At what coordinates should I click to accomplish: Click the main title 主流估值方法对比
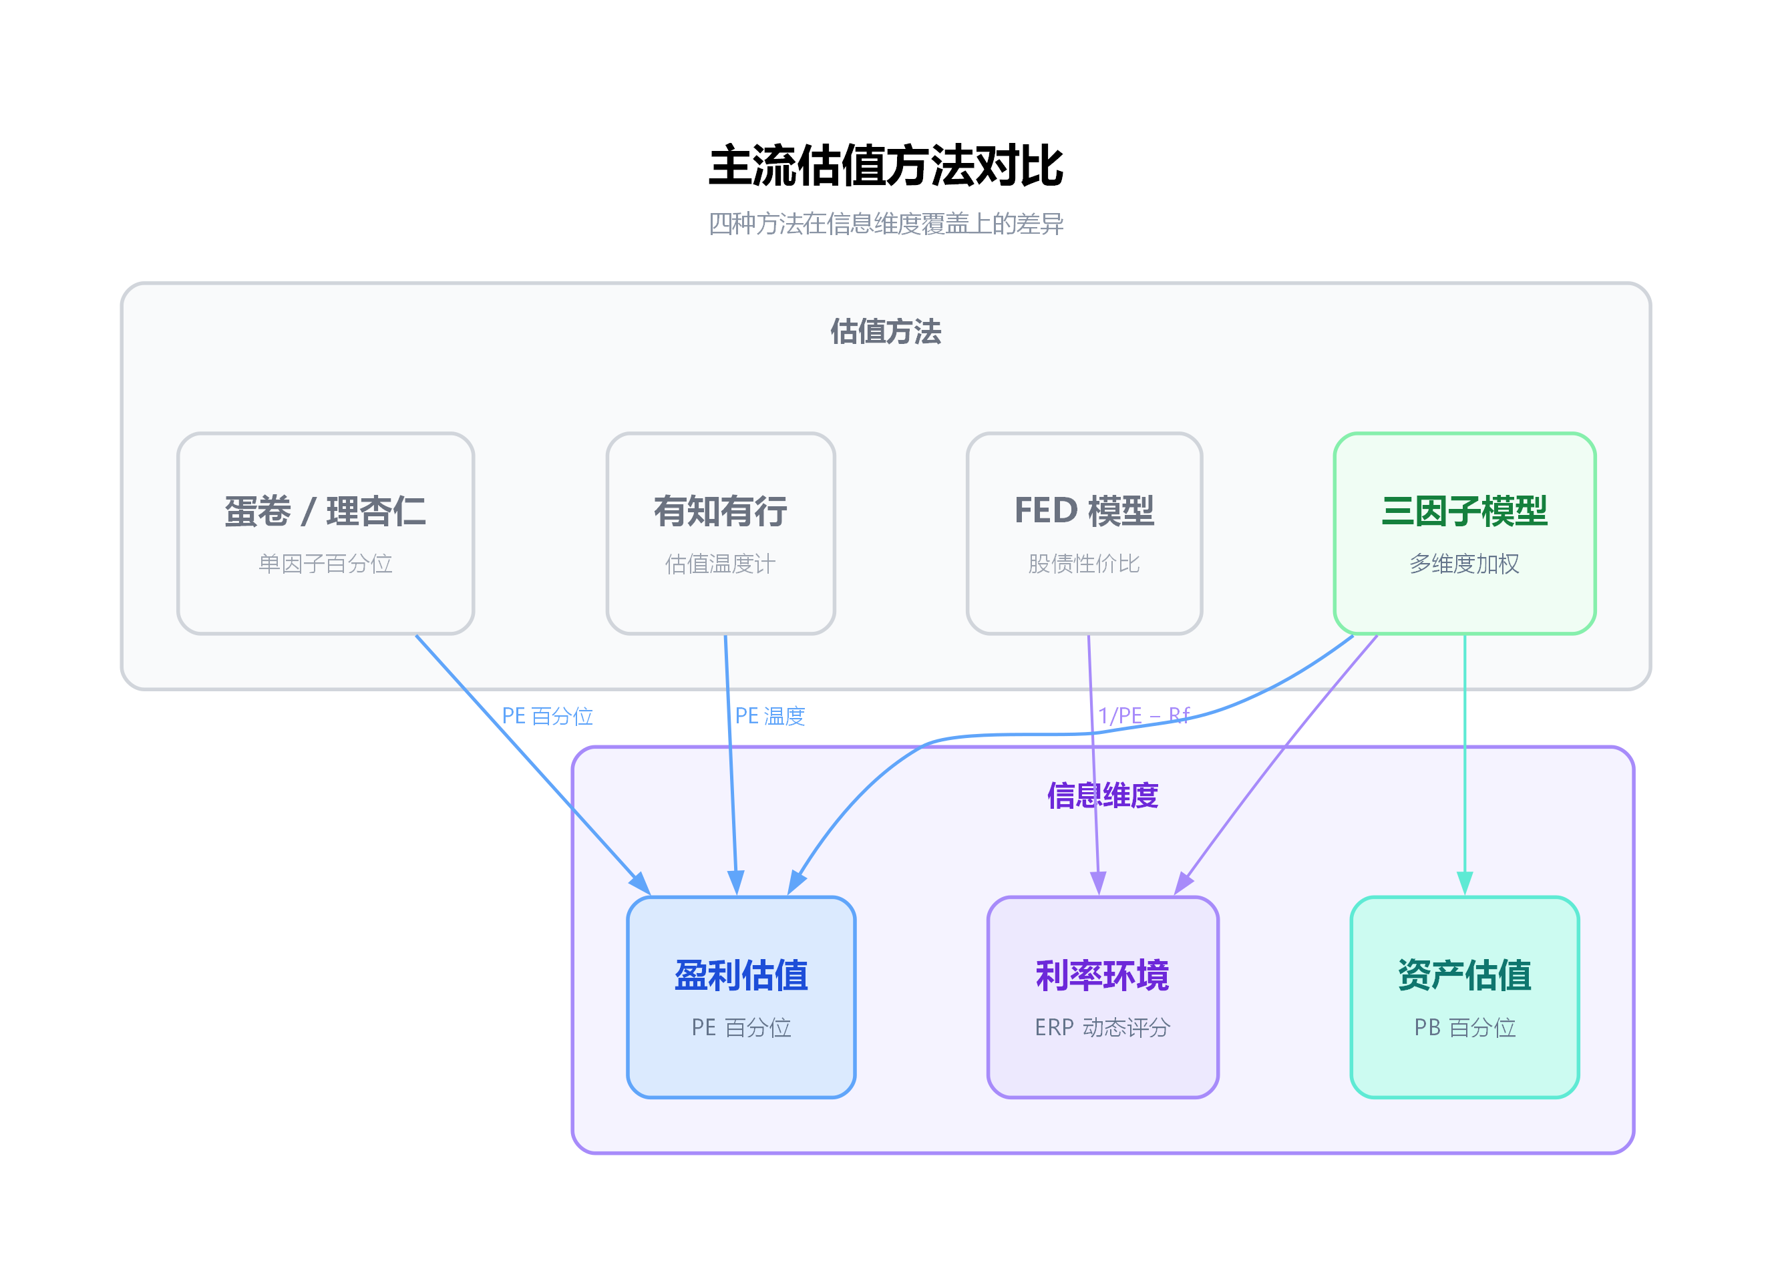pos(885,166)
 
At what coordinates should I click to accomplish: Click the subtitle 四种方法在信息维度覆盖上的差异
pos(885,224)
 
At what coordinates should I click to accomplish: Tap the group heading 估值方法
pos(885,332)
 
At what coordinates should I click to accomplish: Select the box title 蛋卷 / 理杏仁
pos(325,512)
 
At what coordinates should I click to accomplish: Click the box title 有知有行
pos(721,512)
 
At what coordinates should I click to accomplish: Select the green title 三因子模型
pos(1464,512)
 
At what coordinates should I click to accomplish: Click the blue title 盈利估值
pos(741,976)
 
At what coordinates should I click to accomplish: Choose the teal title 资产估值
pos(1464,976)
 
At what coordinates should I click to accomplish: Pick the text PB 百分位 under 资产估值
pos(1464,1027)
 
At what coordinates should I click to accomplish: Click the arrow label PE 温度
pos(769,715)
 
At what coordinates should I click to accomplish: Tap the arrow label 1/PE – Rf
pos(1143,715)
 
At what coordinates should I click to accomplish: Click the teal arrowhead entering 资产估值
pos(1464,884)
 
